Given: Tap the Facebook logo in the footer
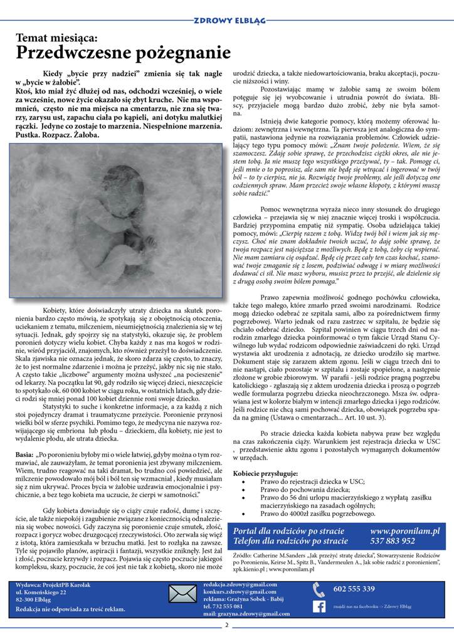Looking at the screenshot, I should pos(319,606).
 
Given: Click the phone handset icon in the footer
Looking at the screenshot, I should pos(319,589).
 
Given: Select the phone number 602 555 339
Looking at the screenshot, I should pos(354,589).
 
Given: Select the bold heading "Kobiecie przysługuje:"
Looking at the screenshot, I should pos(266,473).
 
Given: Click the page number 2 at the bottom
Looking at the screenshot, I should pos(226,624).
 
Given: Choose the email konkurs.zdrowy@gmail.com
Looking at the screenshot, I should pos(240,591).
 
